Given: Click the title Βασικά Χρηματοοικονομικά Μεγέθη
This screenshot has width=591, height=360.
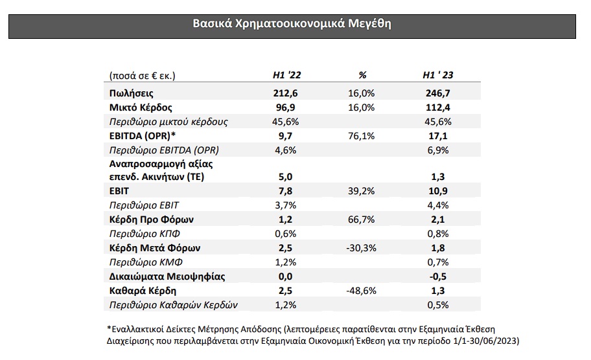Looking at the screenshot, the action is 292,24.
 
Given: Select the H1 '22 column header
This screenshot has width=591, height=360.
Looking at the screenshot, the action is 287,75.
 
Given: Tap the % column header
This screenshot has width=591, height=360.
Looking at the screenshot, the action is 362,75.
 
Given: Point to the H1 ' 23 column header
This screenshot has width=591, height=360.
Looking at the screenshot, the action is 438,75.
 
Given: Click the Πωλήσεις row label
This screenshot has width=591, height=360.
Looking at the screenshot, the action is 131,93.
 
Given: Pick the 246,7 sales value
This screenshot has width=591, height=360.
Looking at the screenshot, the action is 438,93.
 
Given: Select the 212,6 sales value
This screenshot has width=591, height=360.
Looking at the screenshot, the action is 285,93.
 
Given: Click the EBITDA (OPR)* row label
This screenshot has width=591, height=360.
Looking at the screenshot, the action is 143,136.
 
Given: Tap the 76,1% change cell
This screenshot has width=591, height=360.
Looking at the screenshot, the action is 362,136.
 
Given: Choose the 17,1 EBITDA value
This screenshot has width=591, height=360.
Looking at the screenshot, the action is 438,136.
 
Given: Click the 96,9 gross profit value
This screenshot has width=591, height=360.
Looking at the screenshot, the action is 285,107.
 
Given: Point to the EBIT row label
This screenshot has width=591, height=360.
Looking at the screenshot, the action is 119,191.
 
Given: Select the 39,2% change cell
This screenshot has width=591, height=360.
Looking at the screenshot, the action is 362,191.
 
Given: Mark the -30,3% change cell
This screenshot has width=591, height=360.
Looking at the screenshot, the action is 362,248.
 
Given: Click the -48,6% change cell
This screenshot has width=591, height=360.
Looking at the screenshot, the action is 362,291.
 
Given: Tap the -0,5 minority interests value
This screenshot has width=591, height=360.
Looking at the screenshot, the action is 438,276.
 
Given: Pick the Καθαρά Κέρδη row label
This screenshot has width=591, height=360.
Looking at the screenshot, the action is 143,291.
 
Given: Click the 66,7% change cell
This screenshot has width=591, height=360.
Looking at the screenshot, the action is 362,219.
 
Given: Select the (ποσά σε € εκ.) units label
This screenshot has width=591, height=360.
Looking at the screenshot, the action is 143,76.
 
